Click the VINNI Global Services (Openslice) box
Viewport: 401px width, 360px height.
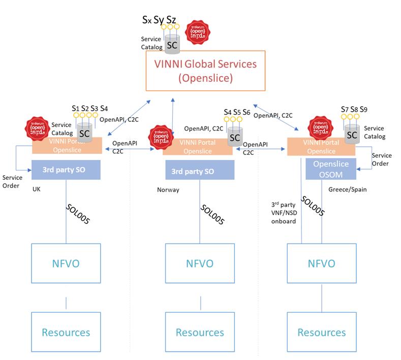[206, 71]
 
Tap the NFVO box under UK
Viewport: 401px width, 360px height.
[66, 263]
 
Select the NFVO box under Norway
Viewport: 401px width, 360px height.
[200, 263]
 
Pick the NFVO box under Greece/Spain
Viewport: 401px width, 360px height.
[321, 263]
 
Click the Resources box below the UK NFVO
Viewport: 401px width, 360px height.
[66, 333]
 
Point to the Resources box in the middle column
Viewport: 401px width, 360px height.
[200, 333]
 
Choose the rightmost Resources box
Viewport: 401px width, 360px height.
[321, 333]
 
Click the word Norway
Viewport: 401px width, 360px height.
[169, 190]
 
